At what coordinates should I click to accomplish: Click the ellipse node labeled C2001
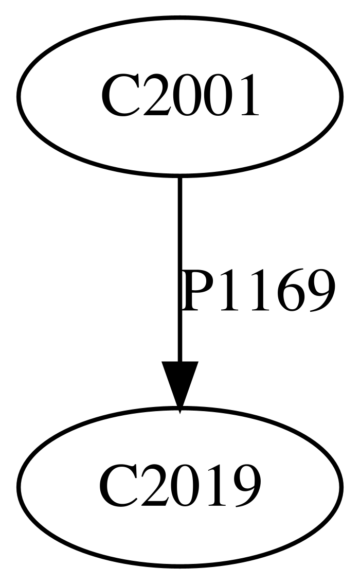pos(179,96)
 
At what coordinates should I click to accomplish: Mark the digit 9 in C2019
pos(246,486)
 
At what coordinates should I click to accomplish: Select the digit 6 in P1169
pos(291,290)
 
